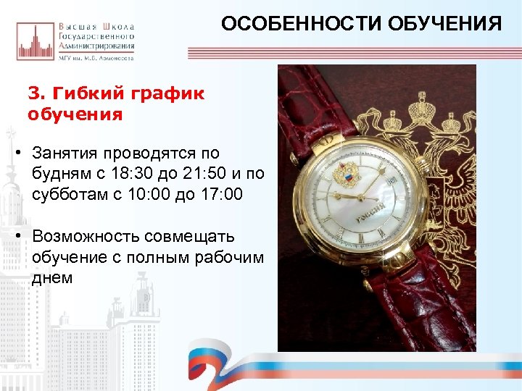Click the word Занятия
click(x=66, y=154)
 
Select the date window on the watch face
click(x=392, y=178)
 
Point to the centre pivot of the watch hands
click(x=360, y=196)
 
